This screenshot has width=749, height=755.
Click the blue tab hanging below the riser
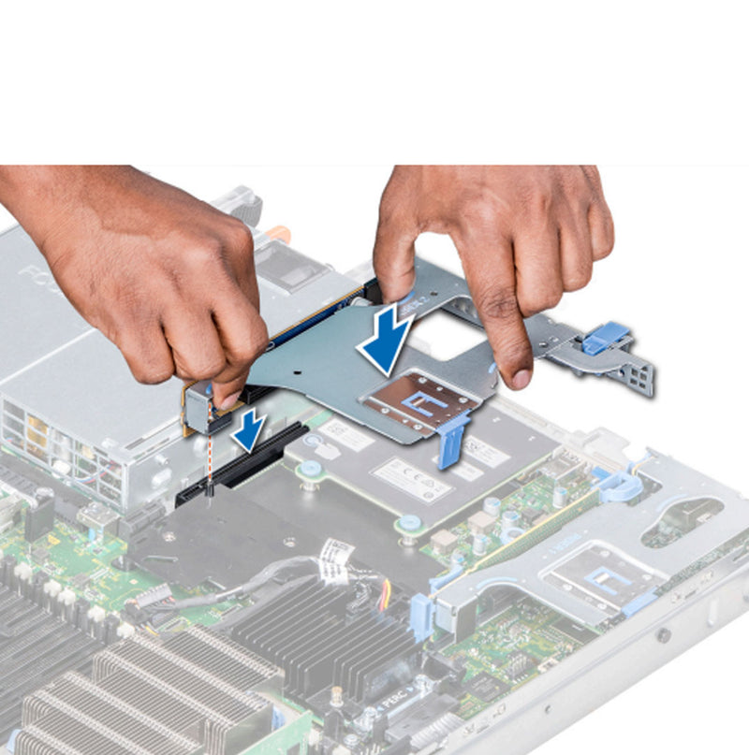[451, 439]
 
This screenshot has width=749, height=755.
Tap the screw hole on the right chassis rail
[663, 636]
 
